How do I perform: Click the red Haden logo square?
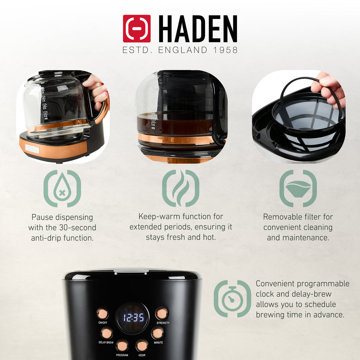coord(137,29)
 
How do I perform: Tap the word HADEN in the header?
coord(198,29)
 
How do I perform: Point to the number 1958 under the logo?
coord(225,50)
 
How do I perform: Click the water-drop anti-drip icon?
coord(62,189)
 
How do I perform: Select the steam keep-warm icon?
coord(181,189)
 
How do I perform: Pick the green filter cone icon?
coord(298,189)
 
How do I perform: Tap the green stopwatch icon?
coord(232,299)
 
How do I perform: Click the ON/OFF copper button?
coord(102,314)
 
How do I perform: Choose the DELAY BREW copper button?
coord(106,333)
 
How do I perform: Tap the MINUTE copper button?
coord(157,333)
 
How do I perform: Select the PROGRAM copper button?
coord(122,345)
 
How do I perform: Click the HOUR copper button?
coord(142,345)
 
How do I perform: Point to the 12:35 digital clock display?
coord(133,318)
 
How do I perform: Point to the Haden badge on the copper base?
coord(32,150)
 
